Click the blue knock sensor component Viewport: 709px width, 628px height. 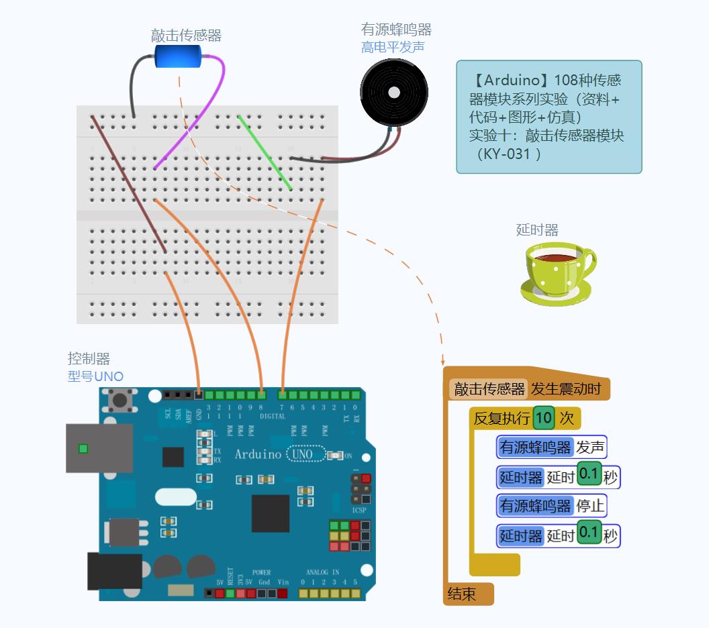pos(178,56)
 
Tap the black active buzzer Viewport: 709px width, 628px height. pos(393,92)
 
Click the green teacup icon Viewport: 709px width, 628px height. pos(557,271)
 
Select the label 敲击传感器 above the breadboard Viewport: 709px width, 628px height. pos(186,36)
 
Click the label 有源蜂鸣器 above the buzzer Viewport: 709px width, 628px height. pos(396,30)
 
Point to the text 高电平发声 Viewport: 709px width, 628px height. pos(393,47)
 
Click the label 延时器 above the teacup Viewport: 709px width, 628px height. pos(537,230)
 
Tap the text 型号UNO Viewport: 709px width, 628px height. pos(95,376)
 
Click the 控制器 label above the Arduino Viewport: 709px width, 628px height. pos(89,359)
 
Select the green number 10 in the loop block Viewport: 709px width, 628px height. pos(544,419)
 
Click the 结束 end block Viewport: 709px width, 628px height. pos(462,594)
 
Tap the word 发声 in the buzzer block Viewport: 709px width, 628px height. pos(590,447)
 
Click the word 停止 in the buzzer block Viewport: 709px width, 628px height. pos(590,505)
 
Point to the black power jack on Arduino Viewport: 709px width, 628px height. pos(115,571)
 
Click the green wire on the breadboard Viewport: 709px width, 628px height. pos(265,152)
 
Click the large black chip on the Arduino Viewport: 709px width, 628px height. pos(271,513)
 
